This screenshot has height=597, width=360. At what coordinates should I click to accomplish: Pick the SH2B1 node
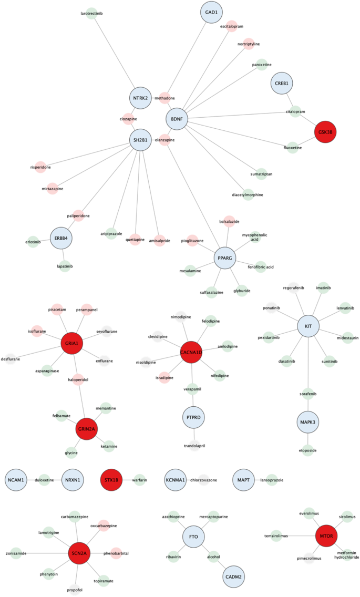[x=140, y=140]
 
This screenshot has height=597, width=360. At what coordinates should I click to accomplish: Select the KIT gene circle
[x=308, y=326]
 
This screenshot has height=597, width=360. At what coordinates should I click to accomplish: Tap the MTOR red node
[x=324, y=536]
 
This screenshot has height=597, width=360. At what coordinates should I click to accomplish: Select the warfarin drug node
[x=139, y=479]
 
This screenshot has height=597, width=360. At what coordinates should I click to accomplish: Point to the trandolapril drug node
[x=194, y=446]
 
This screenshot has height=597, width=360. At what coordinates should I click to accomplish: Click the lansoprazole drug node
[x=271, y=479]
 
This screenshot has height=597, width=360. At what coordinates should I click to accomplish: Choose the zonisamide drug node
[x=16, y=553]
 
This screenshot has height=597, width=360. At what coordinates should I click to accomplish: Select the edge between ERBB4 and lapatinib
[x=62, y=252]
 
